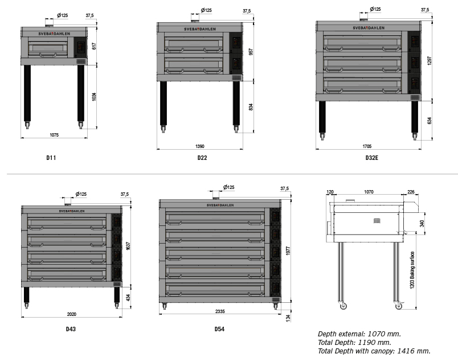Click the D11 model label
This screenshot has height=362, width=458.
tap(51, 158)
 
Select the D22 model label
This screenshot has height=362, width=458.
tap(202, 158)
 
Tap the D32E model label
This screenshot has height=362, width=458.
tap(372, 158)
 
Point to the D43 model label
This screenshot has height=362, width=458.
tap(71, 329)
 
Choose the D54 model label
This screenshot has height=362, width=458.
tap(219, 329)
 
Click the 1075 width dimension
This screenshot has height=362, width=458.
tap(54, 135)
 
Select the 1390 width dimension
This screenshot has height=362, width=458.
tap(200, 146)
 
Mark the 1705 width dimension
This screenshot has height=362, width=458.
tap(367, 146)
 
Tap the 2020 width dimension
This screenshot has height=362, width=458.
tap(72, 314)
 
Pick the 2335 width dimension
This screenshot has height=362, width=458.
tap(220, 311)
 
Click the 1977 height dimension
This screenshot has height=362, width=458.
tap(288, 251)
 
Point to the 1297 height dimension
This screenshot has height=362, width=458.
tap(429, 61)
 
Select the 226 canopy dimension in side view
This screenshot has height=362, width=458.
tap(411, 192)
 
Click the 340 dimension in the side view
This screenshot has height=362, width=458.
tap(422, 224)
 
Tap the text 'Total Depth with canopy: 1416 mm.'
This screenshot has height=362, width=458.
tap(374, 351)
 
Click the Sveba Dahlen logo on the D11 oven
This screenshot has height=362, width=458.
tap(54, 34)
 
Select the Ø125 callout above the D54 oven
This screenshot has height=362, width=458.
tap(228, 187)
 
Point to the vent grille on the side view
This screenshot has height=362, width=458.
tap(377, 221)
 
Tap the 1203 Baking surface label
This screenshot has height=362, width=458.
tap(412, 270)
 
